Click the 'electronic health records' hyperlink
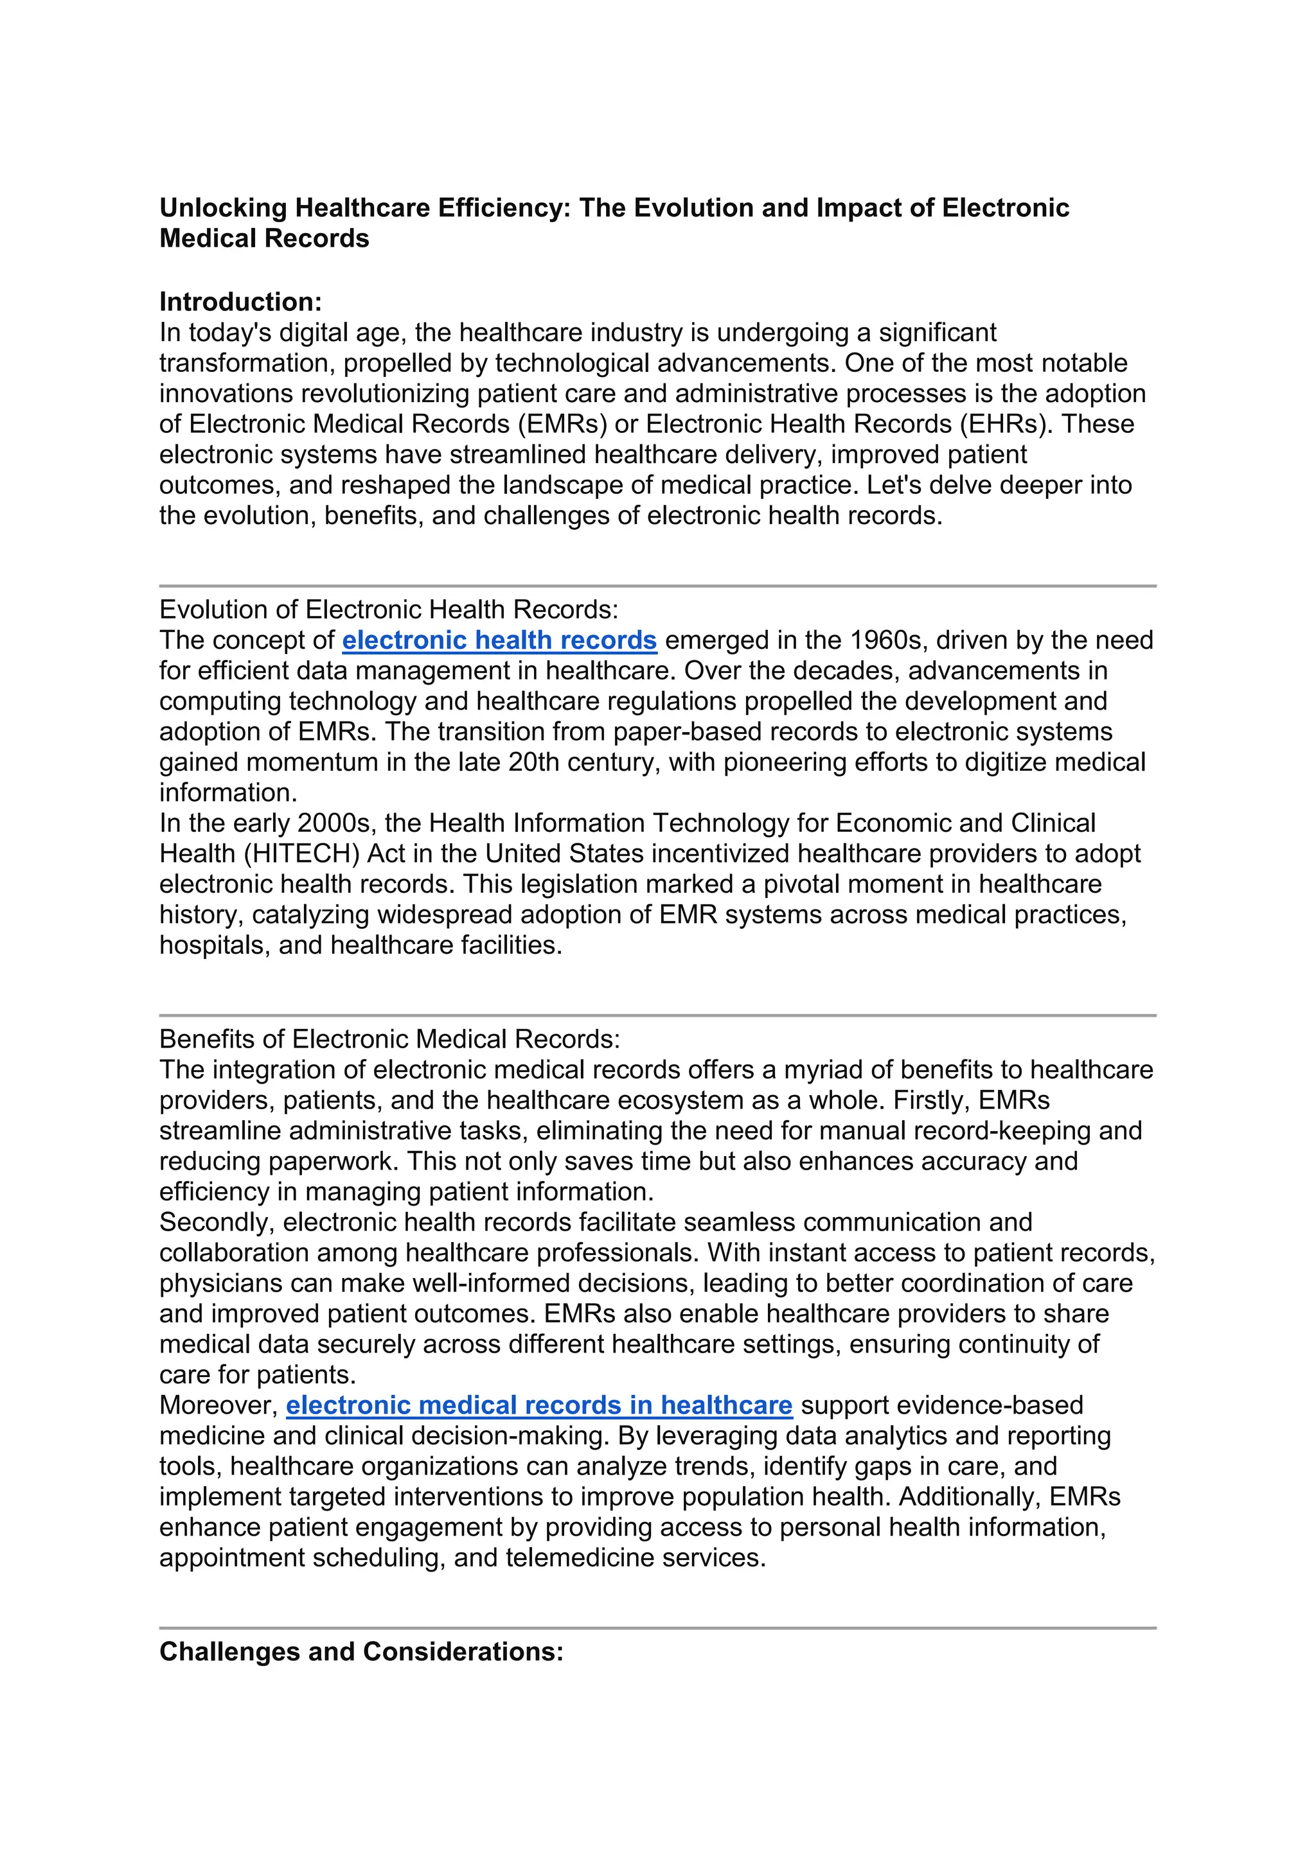coord(499,640)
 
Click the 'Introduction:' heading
coord(241,302)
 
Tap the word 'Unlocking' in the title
coord(223,208)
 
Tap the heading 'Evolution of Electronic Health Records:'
coord(389,610)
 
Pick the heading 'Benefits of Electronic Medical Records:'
coord(390,1039)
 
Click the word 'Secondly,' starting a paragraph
coord(217,1222)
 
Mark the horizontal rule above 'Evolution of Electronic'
coord(657,585)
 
